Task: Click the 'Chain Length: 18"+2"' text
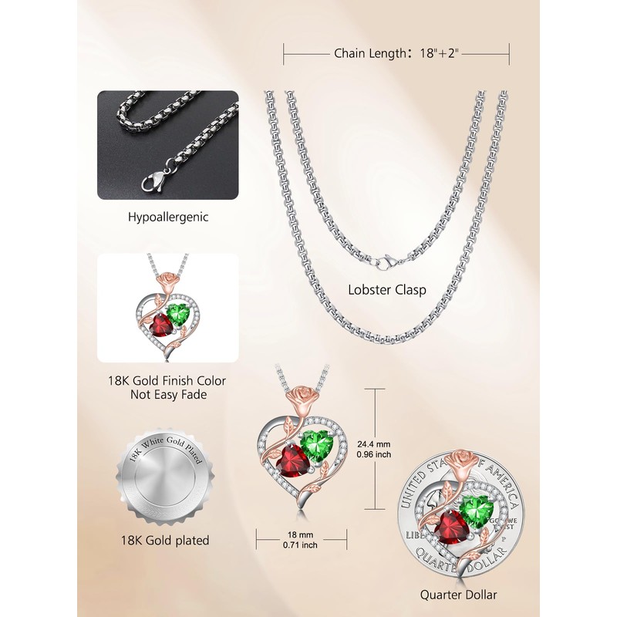[396, 54]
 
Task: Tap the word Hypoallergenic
[167, 217]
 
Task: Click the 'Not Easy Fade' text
[167, 395]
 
